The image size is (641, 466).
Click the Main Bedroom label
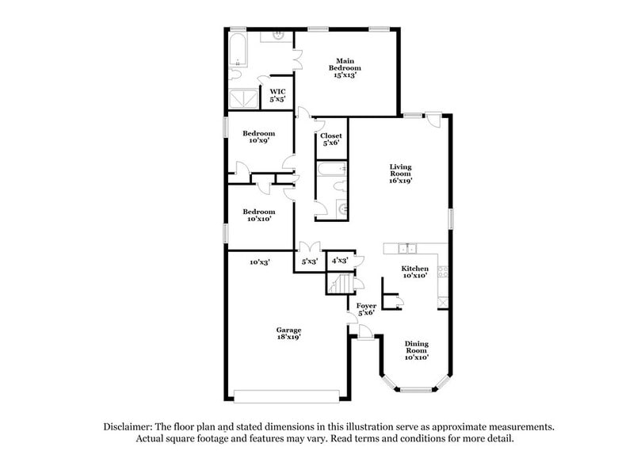tap(344, 68)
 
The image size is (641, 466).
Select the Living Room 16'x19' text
tap(401, 174)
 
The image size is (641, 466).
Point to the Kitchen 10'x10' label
tap(414, 272)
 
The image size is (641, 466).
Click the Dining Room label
tap(417, 350)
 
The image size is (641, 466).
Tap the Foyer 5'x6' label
tap(366, 309)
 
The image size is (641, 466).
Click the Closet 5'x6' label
tap(331, 139)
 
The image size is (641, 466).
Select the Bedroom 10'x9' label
tap(258, 137)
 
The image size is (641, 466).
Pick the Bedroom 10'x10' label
tap(258, 216)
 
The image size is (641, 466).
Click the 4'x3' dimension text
tap(341, 260)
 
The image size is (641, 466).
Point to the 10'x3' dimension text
tap(260, 261)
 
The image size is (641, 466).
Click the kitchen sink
tap(407, 248)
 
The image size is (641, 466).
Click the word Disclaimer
tap(127, 426)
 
